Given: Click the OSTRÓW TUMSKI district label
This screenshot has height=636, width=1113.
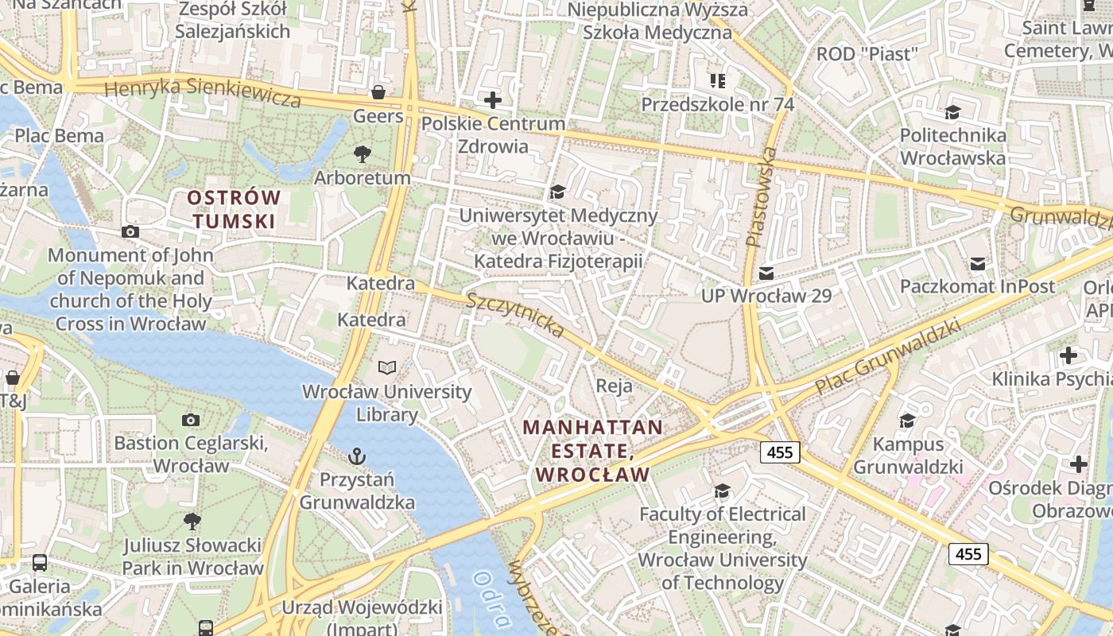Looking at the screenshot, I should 234,208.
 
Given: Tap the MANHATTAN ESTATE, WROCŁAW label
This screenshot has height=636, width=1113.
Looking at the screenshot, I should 592,451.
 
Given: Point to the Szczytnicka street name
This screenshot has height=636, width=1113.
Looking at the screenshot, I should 515,315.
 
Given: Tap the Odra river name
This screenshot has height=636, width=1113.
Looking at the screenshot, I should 491,599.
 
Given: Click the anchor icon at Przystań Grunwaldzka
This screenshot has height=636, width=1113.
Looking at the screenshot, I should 357,456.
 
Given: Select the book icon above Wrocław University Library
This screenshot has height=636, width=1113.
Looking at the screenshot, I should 387,368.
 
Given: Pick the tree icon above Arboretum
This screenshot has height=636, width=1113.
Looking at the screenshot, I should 363,153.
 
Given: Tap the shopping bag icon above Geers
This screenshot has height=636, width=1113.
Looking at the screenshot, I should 378,92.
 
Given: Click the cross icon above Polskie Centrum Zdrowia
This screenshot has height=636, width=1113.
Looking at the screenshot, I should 493,100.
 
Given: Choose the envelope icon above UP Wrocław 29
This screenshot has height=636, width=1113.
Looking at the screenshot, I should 766,273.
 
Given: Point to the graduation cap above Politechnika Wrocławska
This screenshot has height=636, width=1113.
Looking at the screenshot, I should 952,112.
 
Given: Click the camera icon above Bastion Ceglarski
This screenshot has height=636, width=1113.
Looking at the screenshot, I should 190,419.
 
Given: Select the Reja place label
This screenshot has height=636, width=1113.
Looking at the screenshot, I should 615,386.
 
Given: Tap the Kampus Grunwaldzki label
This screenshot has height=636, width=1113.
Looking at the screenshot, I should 908,455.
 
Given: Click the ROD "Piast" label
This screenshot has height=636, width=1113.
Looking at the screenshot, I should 867,54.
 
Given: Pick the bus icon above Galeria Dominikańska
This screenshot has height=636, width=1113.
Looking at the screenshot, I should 40,563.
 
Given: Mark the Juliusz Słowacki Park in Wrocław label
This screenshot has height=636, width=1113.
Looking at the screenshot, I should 192,556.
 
